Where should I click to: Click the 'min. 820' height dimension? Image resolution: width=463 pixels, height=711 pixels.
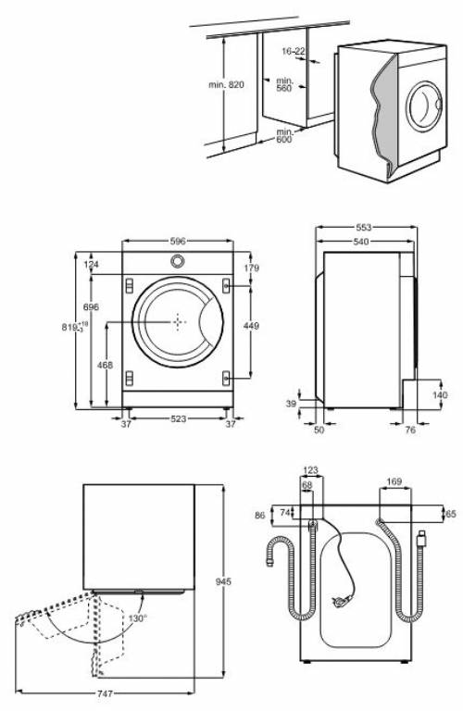(x=225, y=84)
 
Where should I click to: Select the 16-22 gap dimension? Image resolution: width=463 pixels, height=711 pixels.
(x=293, y=51)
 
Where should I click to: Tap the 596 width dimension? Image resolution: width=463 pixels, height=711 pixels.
(x=178, y=240)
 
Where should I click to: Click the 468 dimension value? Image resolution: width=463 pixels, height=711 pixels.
(x=105, y=366)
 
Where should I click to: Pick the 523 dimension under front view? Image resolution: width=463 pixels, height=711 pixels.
(x=178, y=419)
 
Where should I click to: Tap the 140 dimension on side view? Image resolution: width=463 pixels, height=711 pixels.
(x=439, y=395)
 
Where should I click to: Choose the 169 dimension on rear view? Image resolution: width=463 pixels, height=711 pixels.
(x=393, y=481)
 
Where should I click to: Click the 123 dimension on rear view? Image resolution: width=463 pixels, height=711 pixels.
(x=311, y=470)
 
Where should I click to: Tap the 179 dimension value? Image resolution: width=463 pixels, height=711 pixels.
(x=251, y=268)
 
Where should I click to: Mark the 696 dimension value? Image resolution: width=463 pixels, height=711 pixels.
(x=91, y=306)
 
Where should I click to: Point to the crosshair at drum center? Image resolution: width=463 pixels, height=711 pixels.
(x=177, y=322)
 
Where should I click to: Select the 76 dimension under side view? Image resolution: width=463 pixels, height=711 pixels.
(x=409, y=429)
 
